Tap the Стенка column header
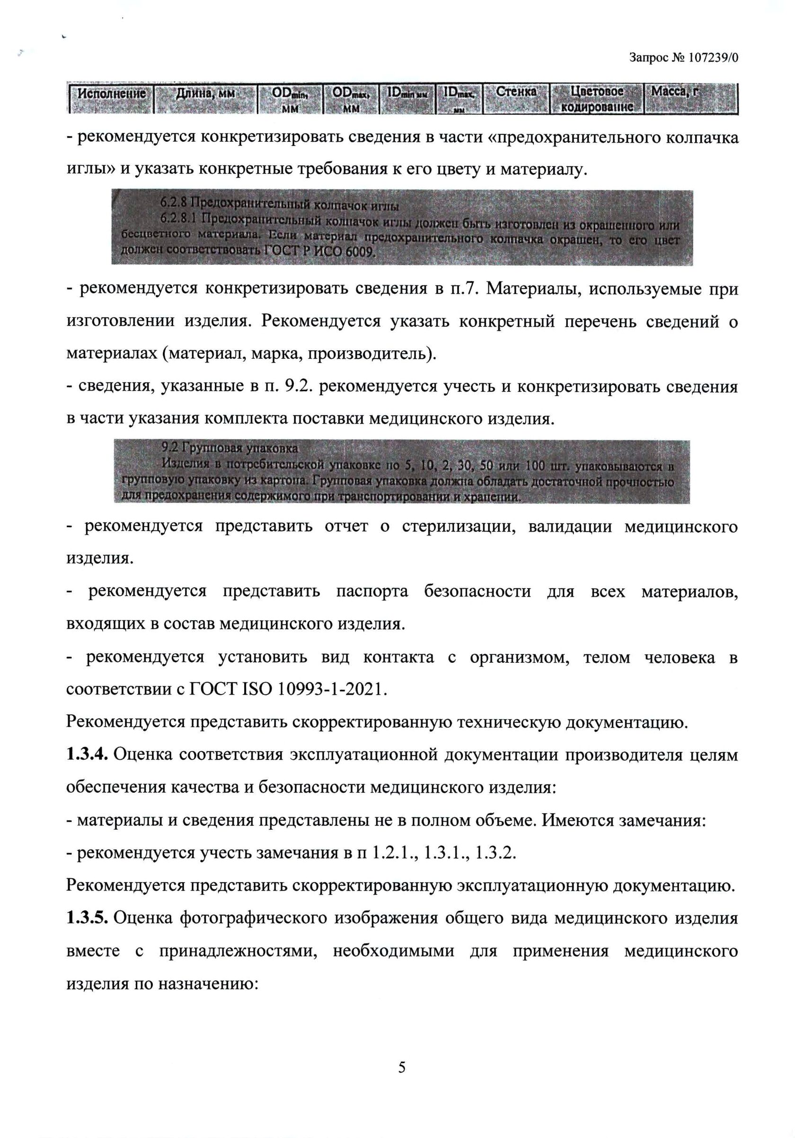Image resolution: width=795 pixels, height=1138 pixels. [516, 92]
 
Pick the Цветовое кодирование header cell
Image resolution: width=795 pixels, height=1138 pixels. [597, 99]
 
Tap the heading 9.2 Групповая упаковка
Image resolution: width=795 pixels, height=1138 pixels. [230, 449]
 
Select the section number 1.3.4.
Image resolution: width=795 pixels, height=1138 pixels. [87, 755]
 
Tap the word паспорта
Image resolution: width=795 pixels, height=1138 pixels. [372, 591]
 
